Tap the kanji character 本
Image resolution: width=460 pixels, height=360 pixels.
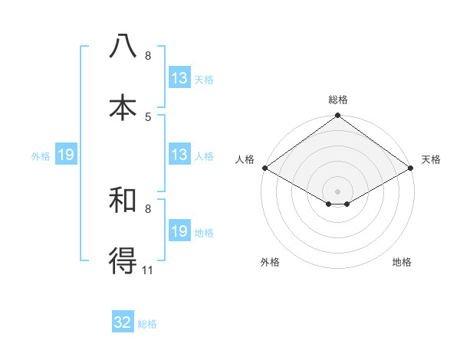point(123,106)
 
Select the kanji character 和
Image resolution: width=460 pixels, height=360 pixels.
point(123,201)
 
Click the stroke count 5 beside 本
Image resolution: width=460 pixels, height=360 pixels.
point(148,116)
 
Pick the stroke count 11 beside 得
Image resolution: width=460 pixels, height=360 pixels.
point(148,270)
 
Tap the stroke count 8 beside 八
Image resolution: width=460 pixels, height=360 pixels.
point(148,56)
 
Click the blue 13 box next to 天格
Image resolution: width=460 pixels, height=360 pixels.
point(179,78)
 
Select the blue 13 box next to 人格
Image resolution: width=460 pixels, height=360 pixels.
point(179,155)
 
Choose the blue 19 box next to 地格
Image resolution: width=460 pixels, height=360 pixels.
point(179,231)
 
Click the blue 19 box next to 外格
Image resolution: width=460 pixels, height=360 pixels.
point(65,155)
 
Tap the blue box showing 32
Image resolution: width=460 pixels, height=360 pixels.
point(123,322)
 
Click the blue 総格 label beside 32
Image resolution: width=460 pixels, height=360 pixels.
point(147,324)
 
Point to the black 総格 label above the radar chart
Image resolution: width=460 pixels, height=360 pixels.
point(338,100)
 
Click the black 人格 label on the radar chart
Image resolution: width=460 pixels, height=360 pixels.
point(245,159)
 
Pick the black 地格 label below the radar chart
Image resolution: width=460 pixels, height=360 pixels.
point(402,262)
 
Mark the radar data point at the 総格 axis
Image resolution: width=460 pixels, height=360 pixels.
point(337,116)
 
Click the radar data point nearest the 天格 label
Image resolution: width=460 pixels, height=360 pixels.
point(412,168)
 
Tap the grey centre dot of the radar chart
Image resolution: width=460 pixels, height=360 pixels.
point(337,191)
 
